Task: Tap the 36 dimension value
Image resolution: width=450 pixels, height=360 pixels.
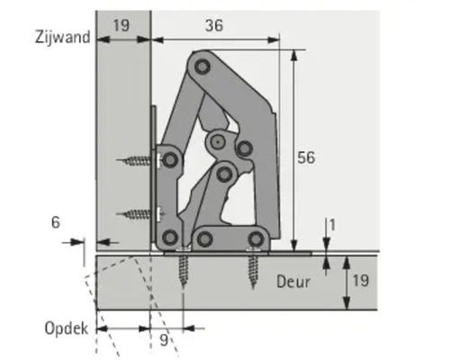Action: point(212,26)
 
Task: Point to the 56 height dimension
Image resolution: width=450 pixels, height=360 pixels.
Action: point(306,157)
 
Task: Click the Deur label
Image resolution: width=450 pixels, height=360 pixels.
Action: point(293,282)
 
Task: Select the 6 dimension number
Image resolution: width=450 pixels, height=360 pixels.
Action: point(56,221)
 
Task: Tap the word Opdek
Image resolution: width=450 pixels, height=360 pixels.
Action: point(67,328)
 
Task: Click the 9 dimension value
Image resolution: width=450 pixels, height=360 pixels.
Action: point(162,340)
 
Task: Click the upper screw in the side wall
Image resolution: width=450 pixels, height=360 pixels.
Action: point(139,161)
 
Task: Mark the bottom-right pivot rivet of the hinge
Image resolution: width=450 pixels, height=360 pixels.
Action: point(256,238)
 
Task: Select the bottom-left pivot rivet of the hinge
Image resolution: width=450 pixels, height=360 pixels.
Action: point(169,238)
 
